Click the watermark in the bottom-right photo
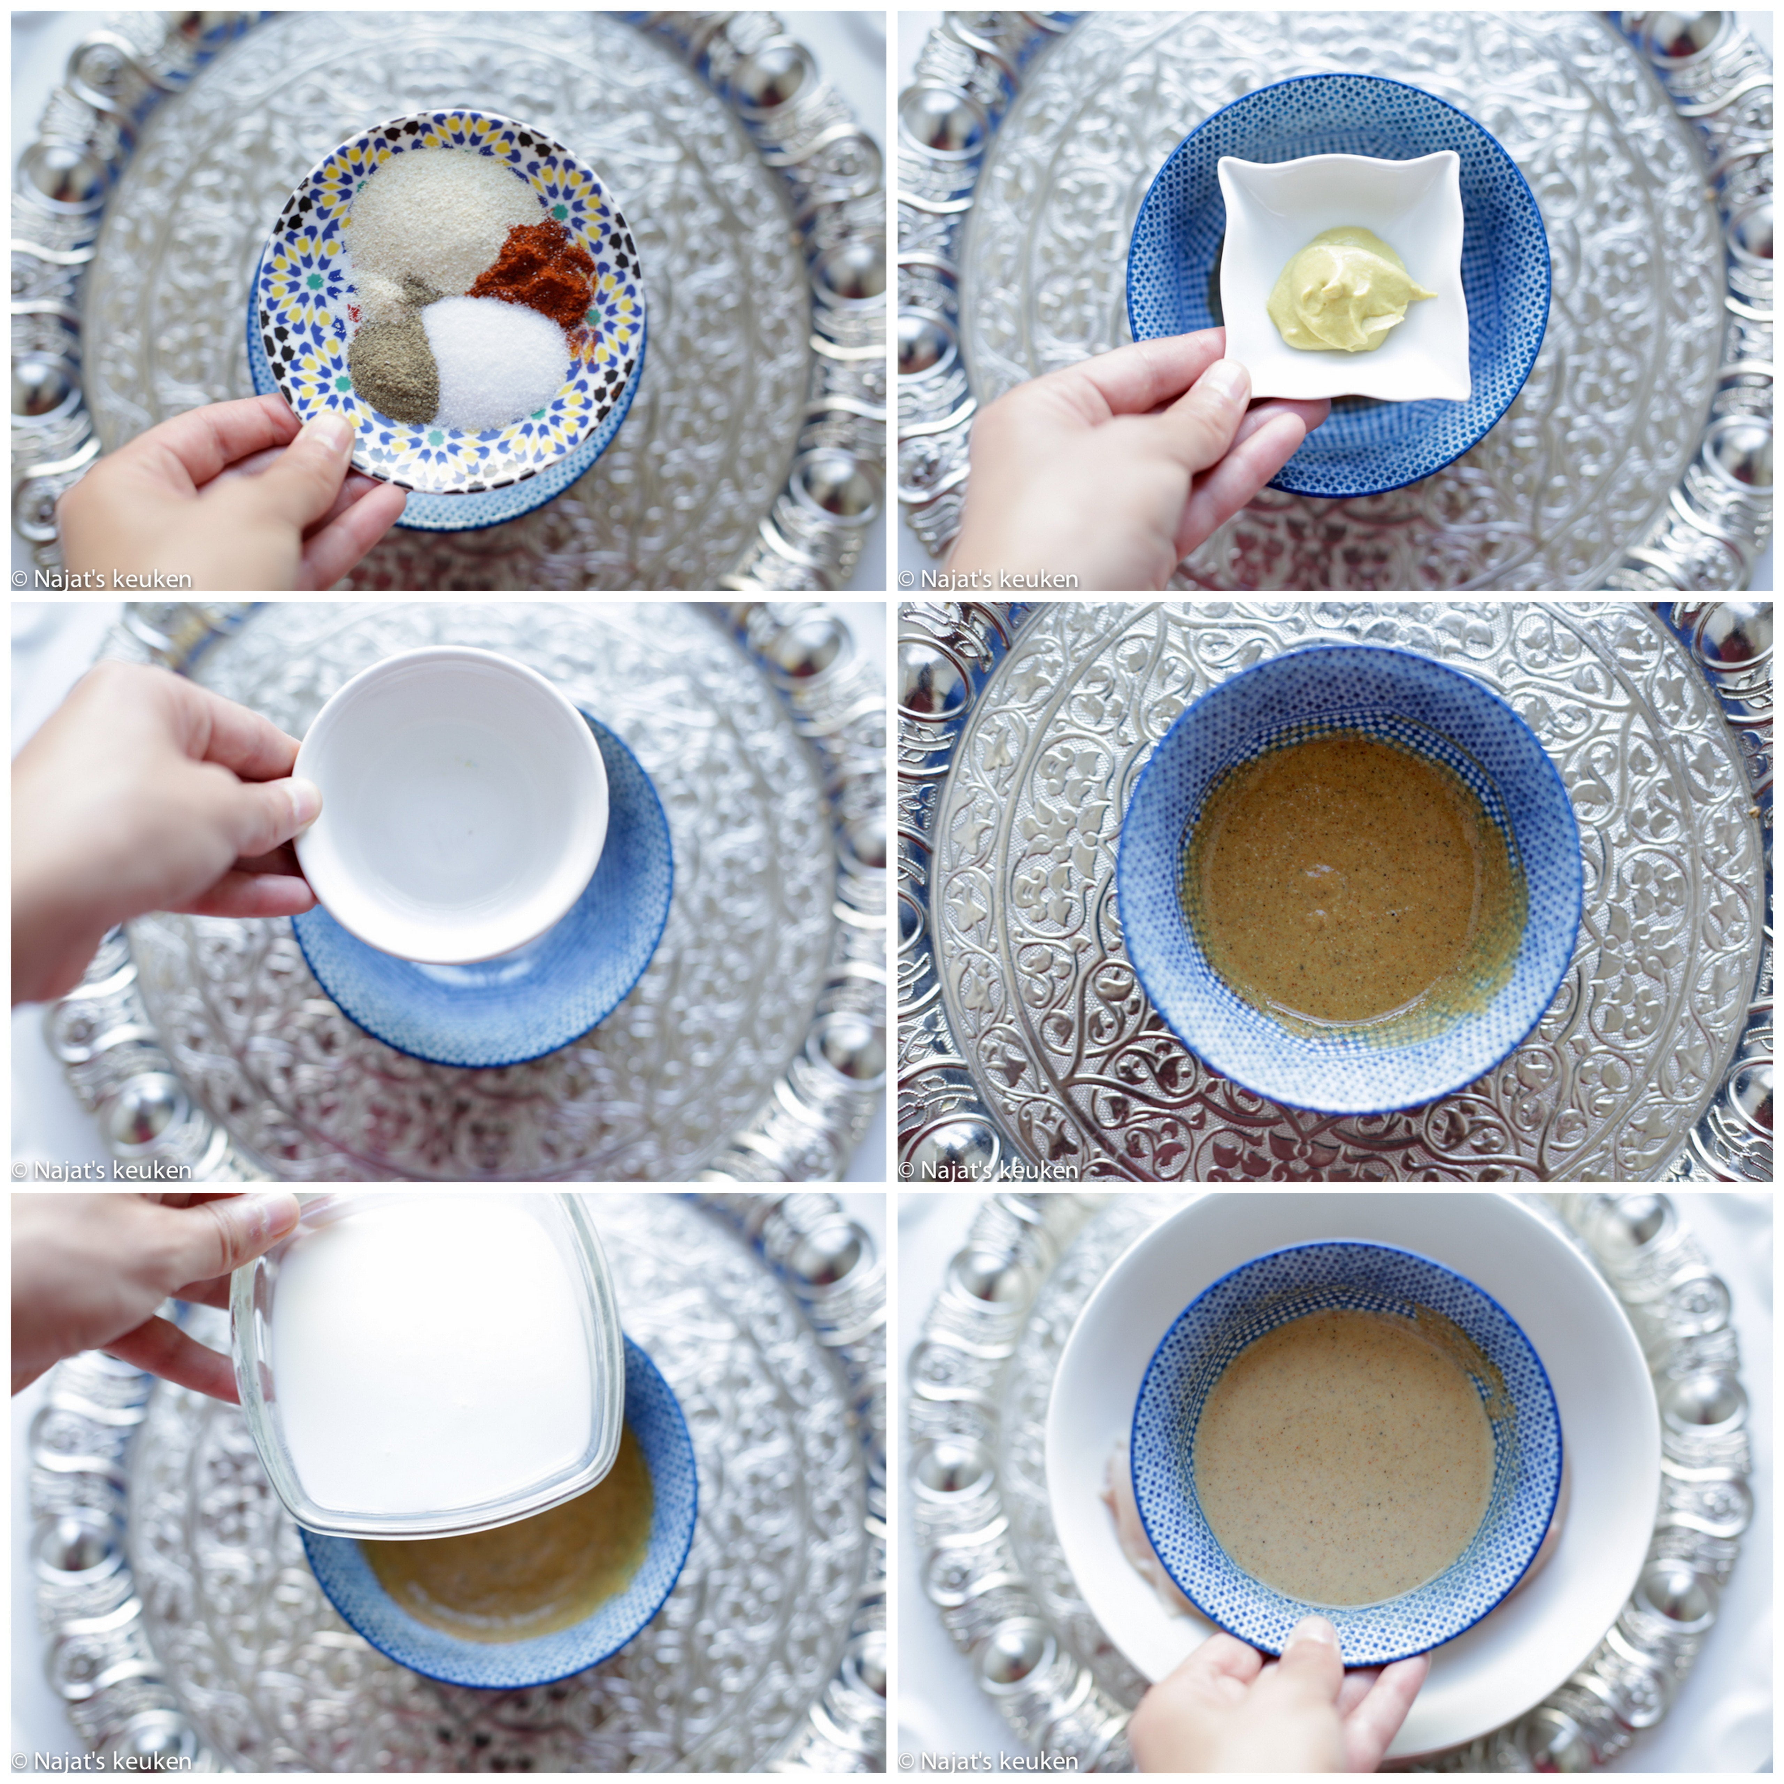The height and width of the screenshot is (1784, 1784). pyautogui.click(x=988, y=1761)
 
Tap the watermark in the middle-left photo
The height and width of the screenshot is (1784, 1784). pyautogui.click(x=102, y=1170)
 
